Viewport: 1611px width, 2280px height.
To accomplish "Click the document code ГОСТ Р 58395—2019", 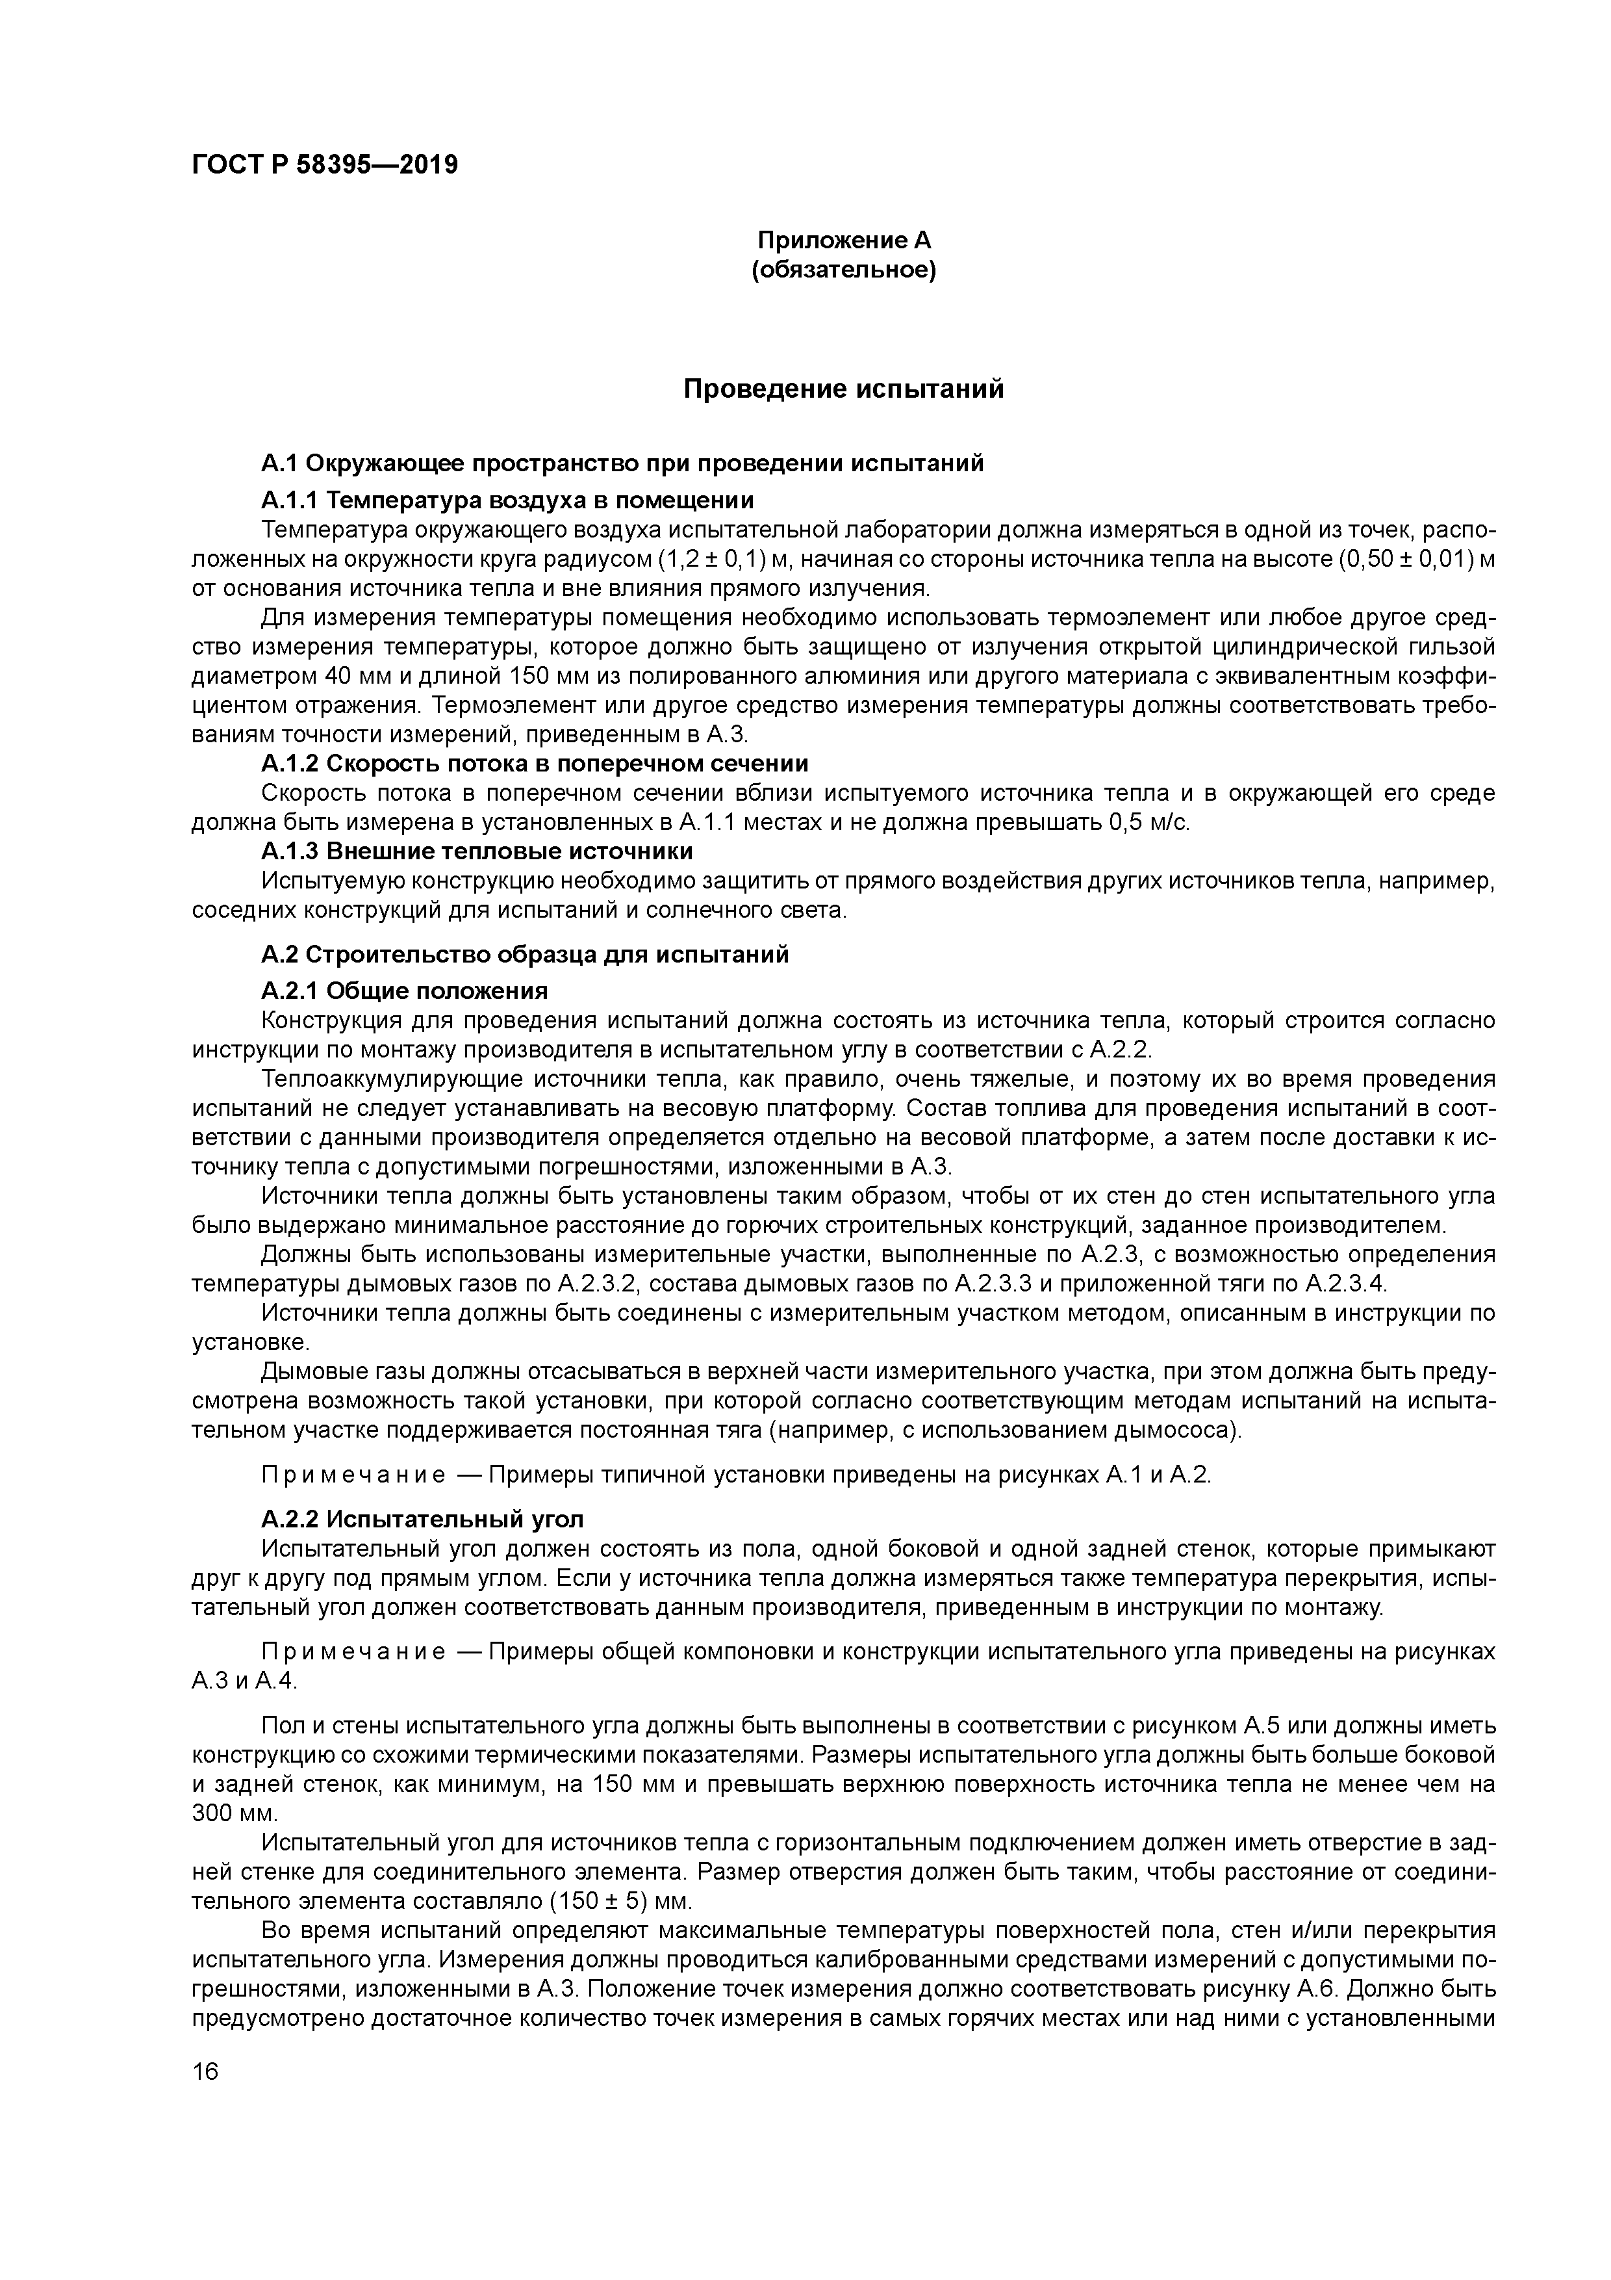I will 325,165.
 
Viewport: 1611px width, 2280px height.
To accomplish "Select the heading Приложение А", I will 844,240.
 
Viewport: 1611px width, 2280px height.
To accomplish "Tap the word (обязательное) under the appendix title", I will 844,270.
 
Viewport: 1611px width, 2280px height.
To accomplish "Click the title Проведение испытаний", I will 844,389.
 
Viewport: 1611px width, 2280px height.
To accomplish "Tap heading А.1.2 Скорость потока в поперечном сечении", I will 535,764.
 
